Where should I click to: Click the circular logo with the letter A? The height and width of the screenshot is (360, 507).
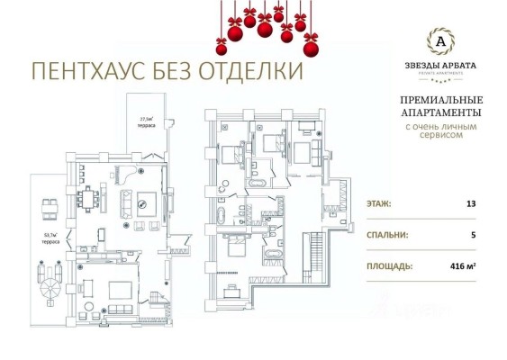point(439,40)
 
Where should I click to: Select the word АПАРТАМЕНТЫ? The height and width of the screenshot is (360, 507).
point(439,113)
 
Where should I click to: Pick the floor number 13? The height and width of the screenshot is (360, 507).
point(469,203)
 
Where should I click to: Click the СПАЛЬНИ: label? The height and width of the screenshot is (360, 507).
point(387,235)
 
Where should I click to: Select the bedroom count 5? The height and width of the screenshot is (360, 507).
point(470,235)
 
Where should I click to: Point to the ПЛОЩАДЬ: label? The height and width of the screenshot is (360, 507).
point(389,266)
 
